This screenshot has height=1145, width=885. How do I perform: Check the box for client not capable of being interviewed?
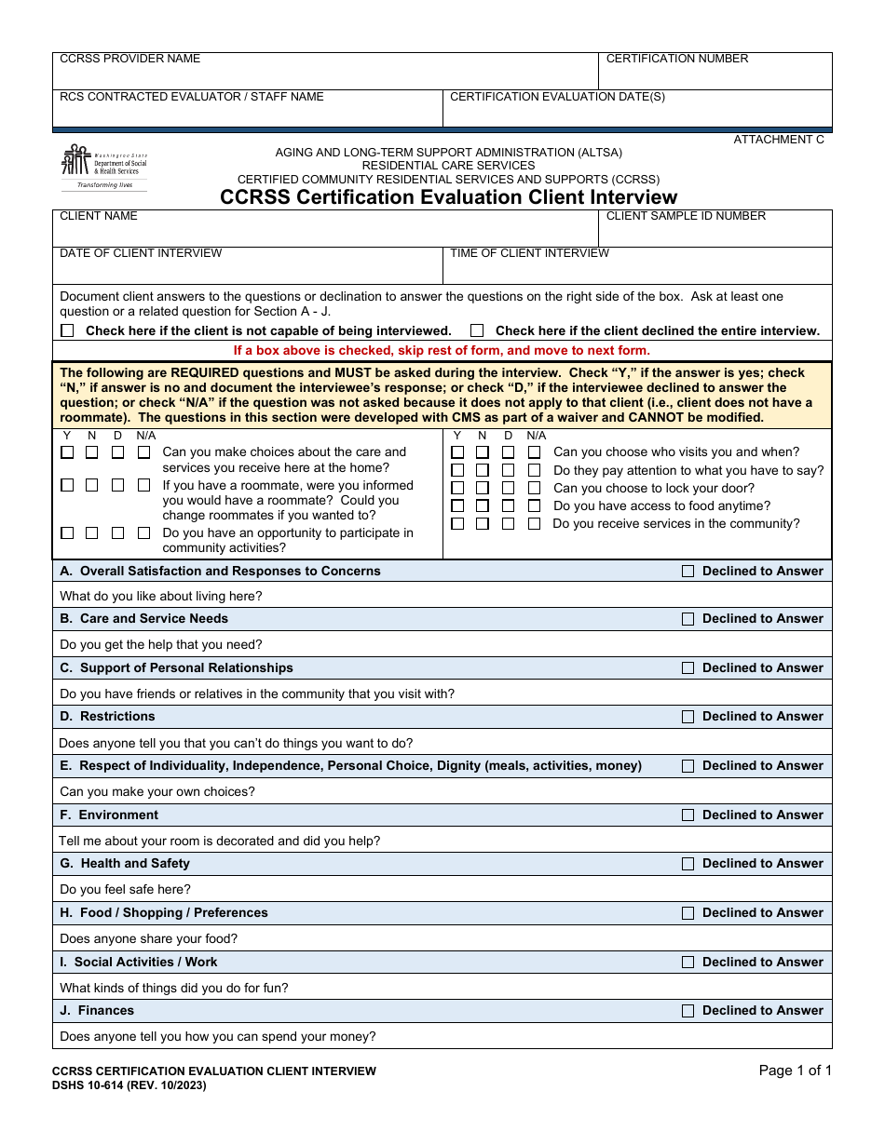point(68,330)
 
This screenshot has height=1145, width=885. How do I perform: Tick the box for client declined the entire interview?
point(477,330)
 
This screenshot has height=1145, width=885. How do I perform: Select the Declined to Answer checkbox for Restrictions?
point(688,717)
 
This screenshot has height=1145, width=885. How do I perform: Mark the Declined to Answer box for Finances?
point(688,1011)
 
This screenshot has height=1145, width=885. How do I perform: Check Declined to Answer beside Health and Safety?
point(688,864)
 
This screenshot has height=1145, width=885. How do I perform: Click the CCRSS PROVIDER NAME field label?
point(129,59)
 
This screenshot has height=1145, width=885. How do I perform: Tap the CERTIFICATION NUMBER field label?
point(677,59)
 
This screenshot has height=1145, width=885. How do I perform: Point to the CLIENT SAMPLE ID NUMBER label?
point(686,216)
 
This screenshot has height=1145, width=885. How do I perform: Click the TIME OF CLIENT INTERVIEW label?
point(529,253)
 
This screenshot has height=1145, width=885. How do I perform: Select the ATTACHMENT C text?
point(779,140)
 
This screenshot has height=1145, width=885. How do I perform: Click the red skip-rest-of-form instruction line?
point(442,351)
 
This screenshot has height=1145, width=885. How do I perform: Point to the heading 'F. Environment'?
point(109,815)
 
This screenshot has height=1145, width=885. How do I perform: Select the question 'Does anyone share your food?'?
point(148,938)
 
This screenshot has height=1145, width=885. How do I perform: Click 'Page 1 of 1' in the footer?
point(795,1071)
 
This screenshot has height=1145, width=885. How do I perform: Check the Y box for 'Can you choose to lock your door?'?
point(457,488)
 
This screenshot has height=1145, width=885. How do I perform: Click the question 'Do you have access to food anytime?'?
point(661,505)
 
